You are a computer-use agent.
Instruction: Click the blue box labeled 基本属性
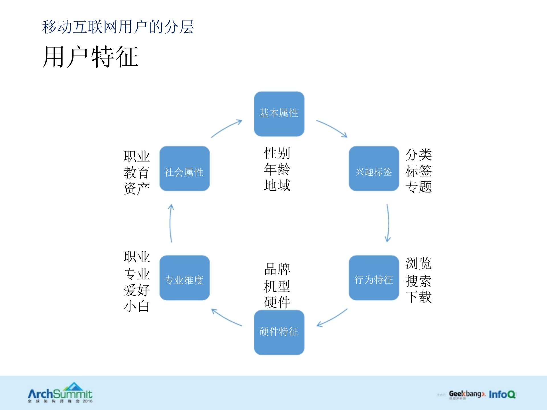point(279,114)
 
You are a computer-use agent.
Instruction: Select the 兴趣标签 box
point(373,169)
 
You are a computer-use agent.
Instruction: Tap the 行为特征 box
point(373,278)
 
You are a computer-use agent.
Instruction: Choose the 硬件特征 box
point(279,332)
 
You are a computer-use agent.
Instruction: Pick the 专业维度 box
point(184,278)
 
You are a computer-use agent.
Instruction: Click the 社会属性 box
point(184,169)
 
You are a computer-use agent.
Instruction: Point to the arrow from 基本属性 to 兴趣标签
point(332,128)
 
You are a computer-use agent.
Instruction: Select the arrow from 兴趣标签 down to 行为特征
point(388,223)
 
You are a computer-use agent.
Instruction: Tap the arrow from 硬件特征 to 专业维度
point(226,317)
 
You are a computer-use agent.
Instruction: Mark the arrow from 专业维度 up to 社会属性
point(171,223)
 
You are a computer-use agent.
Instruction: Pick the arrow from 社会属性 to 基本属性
point(226,128)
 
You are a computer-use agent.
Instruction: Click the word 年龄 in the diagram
point(277,169)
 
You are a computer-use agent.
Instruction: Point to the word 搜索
point(418,281)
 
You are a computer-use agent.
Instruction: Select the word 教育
point(137,173)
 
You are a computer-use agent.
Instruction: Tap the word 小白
point(137,306)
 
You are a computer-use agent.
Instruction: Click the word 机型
point(277,286)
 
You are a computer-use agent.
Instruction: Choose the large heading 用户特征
point(90,57)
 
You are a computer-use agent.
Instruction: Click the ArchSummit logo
point(60,393)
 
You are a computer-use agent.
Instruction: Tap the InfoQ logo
point(502,394)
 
